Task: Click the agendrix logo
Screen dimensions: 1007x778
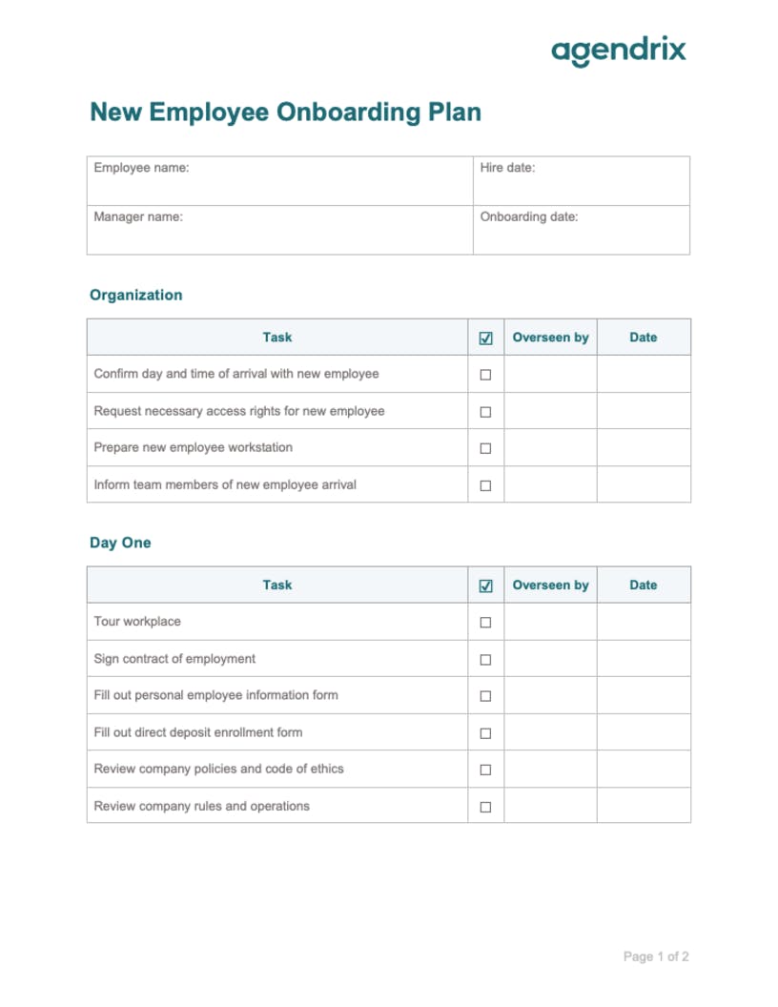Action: [618, 51]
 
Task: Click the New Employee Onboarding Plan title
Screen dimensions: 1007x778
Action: [285, 113]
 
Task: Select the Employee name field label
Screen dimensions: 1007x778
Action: [141, 168]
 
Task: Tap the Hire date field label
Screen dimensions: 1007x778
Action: [507, 168]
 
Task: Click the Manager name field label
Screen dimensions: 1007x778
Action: [138, 216]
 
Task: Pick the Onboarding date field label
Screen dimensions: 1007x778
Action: [529, 216]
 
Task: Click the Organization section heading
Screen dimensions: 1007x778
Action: [135, 295]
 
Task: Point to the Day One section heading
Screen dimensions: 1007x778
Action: [120, 543]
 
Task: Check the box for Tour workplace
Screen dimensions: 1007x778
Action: [485, 623]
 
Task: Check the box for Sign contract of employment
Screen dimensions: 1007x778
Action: [485, 660]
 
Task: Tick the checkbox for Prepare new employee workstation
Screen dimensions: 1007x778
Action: [485, 448]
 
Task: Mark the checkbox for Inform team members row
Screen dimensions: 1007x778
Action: [485, 485]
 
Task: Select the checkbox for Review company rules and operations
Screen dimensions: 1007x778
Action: [485, 807]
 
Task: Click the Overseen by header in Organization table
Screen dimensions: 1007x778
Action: [550, 338]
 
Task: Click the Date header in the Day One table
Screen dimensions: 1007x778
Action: [644, 586]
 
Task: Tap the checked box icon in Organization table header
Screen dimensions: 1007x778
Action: [485, 339]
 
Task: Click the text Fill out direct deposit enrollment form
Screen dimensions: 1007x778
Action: [198, 732]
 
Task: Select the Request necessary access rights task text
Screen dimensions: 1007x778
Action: [239, 411]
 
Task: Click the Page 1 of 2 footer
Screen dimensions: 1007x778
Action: [656, 956]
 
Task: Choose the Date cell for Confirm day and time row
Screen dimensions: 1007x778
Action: [644, 375]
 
